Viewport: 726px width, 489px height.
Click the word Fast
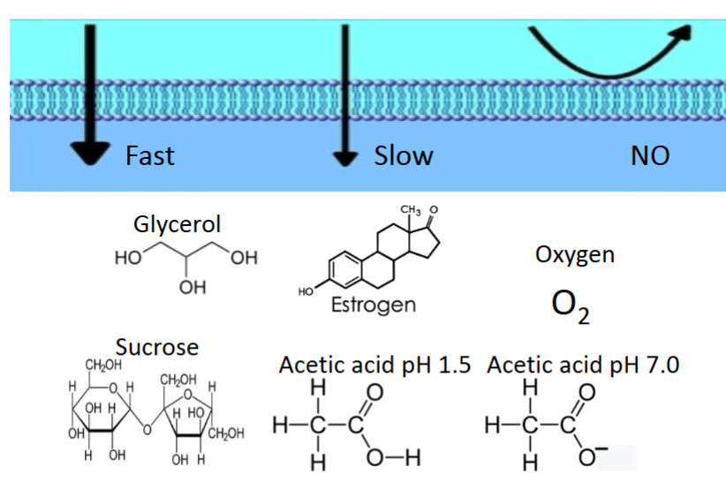click(150, 156)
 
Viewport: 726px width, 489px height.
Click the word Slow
click(404, 156)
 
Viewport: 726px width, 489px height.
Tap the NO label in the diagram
click(649, 156)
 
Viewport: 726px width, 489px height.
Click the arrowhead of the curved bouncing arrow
click(681, 33)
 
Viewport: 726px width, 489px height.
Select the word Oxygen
click(575, 255)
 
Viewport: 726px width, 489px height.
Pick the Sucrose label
click(157, 347)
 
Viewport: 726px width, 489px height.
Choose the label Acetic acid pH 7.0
click(583, 365)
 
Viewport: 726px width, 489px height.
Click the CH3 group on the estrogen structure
click(411, 210)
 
